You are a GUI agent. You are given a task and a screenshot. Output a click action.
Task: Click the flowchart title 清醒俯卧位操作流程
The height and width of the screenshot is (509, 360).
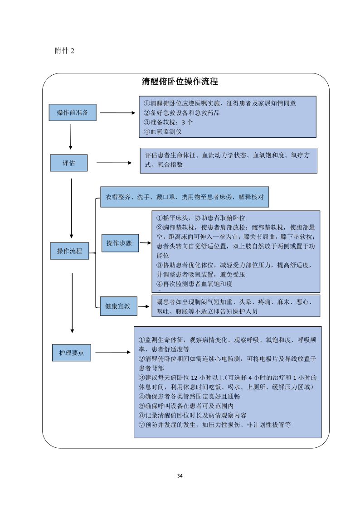coord(180,82)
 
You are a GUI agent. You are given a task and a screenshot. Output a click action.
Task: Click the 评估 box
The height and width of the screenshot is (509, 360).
coord(69,163)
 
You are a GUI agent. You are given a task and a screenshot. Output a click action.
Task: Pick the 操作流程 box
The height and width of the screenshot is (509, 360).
coord(69,251)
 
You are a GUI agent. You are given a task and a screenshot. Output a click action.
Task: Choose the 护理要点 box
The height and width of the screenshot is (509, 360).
coord(72,352)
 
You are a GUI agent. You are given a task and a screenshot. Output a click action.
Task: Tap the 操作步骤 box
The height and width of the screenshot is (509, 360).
coord(119,243)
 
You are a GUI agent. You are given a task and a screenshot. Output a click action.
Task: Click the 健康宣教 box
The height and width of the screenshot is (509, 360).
coord(118,306)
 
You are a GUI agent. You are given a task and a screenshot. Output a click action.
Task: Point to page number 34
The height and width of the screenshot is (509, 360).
coord(180,476)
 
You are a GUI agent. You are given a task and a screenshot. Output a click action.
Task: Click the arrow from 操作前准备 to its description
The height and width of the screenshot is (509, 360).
coord(117,113)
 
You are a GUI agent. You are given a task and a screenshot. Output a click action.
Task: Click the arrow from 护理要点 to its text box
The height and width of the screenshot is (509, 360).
coord(113,352)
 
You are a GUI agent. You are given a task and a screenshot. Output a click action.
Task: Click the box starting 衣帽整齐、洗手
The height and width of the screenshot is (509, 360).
coord(185,197)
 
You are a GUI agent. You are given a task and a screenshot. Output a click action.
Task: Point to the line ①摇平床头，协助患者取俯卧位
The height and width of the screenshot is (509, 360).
coord(200,218)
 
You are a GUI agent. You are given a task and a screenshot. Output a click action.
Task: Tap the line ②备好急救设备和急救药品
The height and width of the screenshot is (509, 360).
coord(181,113)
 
